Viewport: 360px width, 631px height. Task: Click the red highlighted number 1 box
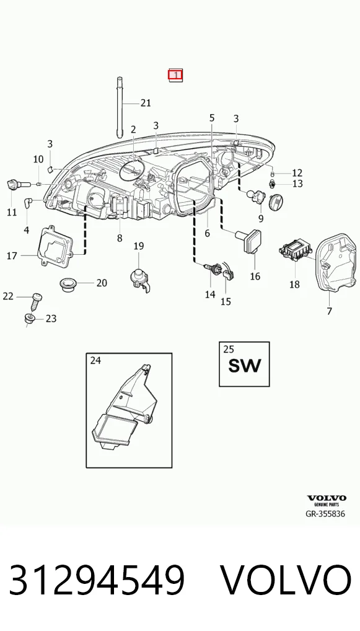click(175, 75)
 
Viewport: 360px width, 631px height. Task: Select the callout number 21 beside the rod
click(146, 103)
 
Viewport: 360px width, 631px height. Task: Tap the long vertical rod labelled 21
click(120, 107)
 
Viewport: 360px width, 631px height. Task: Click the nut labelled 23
click(30, 319)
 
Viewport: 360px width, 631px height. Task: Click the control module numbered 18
click(296, 250)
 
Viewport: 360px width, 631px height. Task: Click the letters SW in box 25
click(245, 366)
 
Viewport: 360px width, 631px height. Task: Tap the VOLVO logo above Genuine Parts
click(326, 498)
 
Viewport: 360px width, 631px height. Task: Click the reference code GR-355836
click(325, 514)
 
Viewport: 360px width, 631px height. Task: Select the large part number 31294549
click(97, 580)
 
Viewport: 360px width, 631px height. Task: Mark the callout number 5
click(212, 118)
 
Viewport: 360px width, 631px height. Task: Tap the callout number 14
click(210, 294)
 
